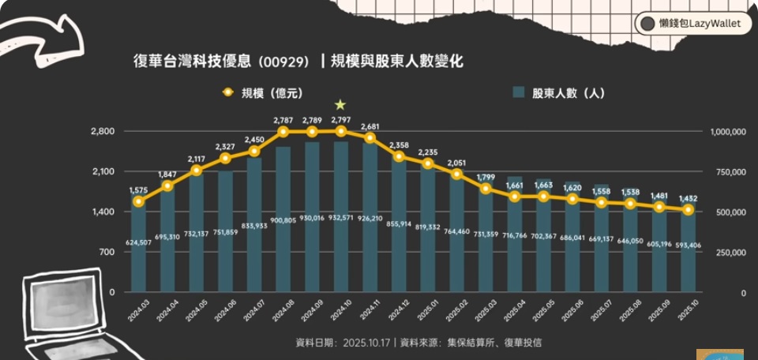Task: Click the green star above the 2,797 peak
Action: pyautogui.click(x=340, y=104)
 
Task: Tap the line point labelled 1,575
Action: pyautogui.click(x=139, y=201)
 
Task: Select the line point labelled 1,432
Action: pyautogui.click(x=688, y=210)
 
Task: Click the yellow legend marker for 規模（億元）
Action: pyautogui.click(x=228, y=93)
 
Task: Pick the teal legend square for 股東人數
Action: pyautogui.click(x=519, y=93)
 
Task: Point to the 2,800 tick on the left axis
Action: pyautogui.click(x=103, y=131)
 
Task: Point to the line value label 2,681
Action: pyautogui.click(x=370, y=126)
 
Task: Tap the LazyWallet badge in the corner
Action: pyautogui.click(x=692, y=24)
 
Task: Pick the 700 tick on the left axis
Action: pyautogui.click(x=107, y=252)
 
